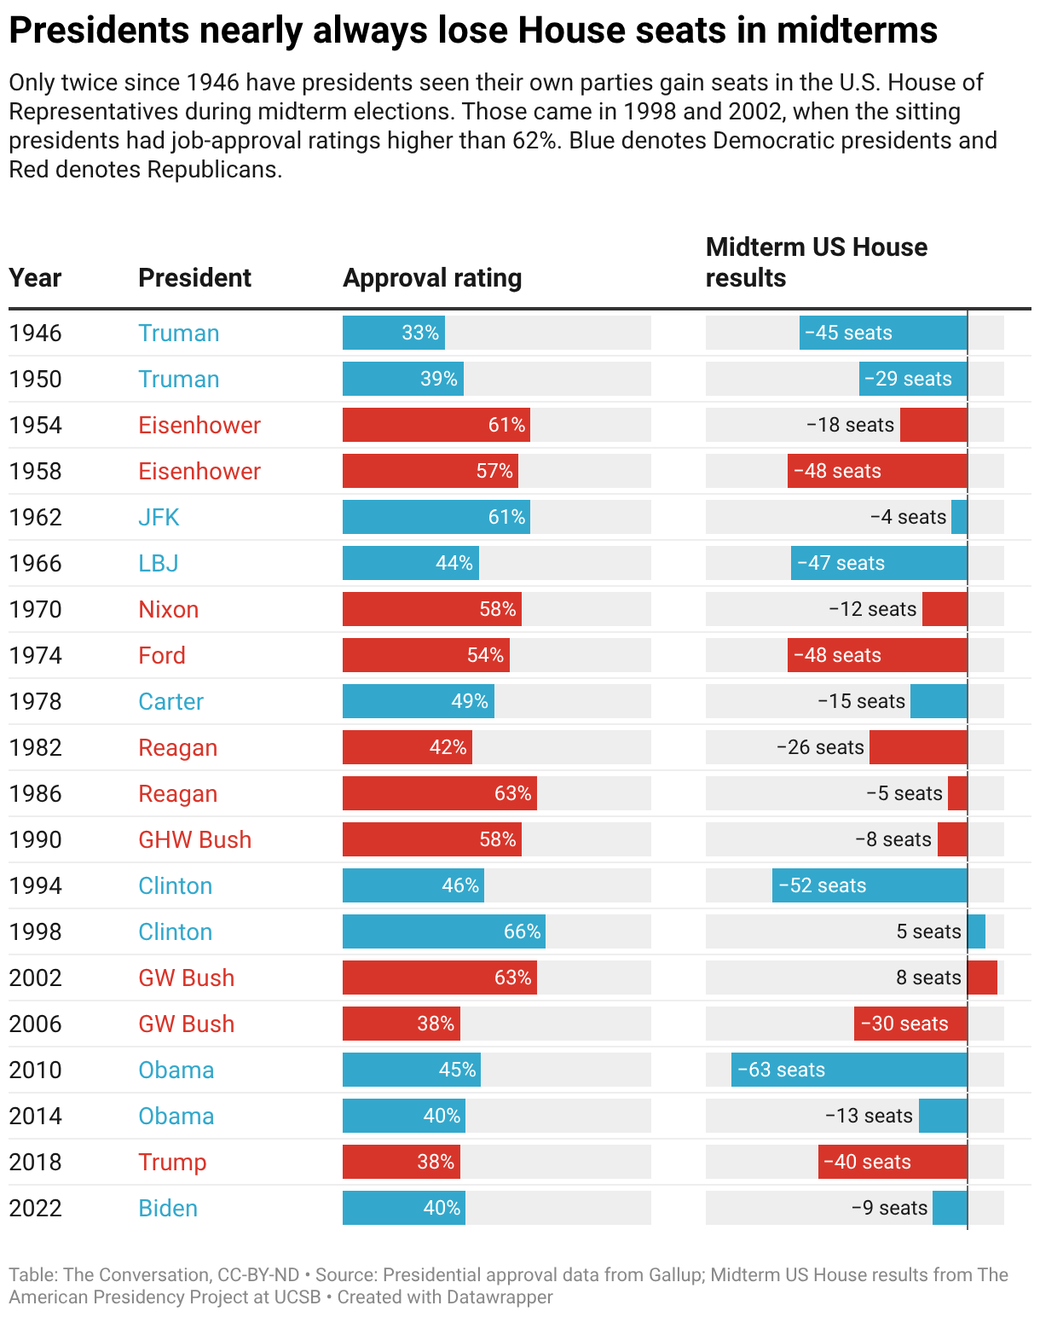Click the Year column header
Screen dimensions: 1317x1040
[35, 278]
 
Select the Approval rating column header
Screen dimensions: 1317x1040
[432, 278]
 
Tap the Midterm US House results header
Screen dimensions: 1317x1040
[816, 262]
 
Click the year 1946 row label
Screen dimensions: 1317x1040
[35, 334]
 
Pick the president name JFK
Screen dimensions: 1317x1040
[159, 518]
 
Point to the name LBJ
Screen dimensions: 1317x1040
[159, 564]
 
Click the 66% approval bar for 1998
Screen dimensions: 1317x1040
[443, 931]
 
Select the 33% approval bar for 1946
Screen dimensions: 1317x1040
[393, 333]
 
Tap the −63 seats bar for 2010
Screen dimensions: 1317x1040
[848, 1070]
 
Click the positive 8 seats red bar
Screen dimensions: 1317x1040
[982, 978]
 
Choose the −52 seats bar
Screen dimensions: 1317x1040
[870, 885]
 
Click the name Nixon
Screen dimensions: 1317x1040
[168, 610]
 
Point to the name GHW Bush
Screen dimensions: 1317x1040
[194, 840]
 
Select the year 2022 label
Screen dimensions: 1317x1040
[35, 1209]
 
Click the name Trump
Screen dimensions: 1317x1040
[172, 1163]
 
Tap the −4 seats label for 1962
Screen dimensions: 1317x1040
[908, 517]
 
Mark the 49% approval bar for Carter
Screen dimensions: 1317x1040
[418, 701]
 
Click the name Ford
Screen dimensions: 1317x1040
[161, 656]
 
